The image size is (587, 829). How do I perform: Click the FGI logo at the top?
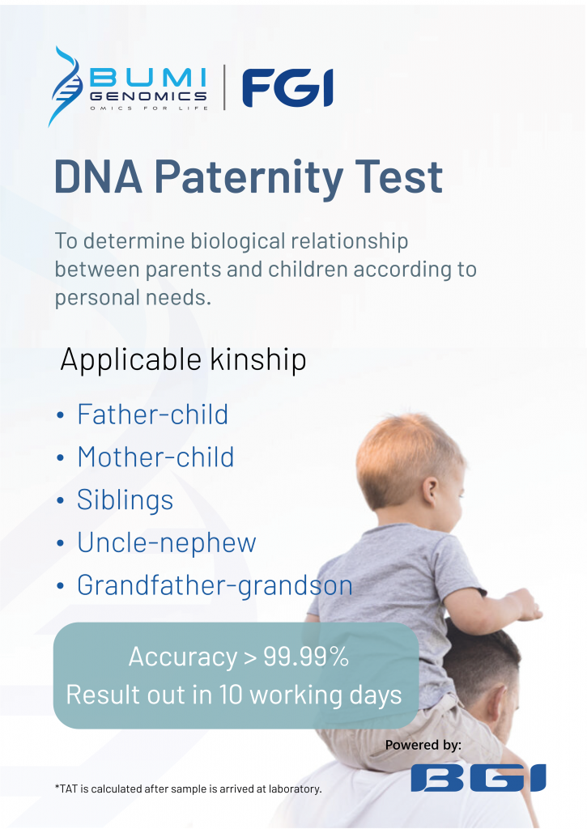(287, 88)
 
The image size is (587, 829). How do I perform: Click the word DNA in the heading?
(98, 176)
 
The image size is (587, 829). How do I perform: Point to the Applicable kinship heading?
(183, 359)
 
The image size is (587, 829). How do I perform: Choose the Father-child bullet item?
(152, 414)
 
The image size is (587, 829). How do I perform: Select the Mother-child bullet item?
(155, 457)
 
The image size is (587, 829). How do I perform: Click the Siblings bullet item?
(125, 500)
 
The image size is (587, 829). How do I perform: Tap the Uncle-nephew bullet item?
(166, 542)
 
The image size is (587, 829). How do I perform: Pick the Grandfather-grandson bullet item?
(215, 585)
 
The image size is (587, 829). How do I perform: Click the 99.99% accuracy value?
(306, 657)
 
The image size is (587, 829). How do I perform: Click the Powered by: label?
(423, 745)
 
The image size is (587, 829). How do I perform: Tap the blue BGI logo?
(478, 777)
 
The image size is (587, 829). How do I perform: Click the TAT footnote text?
(188, 788)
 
